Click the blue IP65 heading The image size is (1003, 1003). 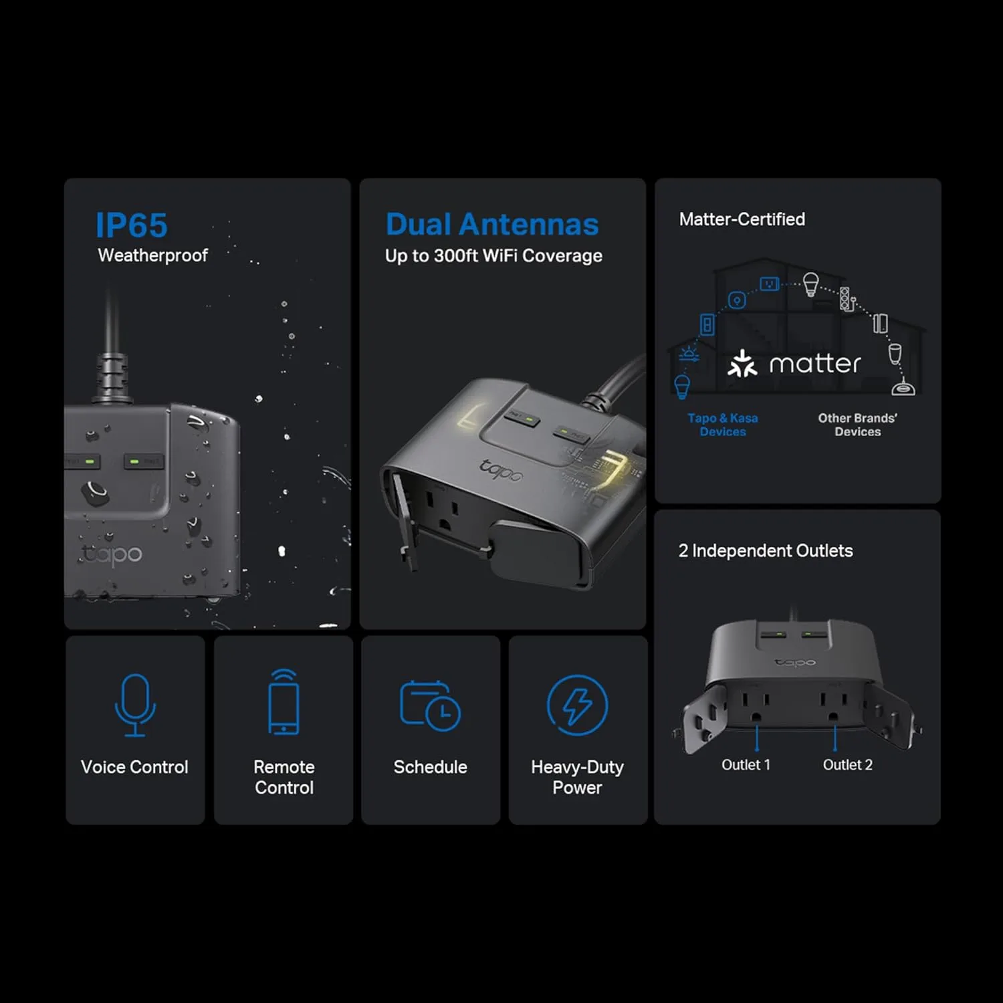point(132,225)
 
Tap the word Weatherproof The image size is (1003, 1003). point(153,255)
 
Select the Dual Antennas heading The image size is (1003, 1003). point(492,225)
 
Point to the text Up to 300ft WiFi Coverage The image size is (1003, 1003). point(493,256)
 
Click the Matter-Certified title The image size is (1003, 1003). point(742,219)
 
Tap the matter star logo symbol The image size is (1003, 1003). point(742,363)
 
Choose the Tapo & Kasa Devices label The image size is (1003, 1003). point(723,425)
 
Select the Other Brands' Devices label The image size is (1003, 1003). point(858,425)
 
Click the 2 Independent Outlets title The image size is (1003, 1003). point(766,551)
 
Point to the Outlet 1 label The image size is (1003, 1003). point(746,765)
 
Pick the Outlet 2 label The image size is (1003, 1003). point(848,765)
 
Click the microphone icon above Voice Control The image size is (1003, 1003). point(135,705)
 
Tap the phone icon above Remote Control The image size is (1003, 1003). point(284,702)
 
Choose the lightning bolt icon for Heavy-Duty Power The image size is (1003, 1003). point(578,705)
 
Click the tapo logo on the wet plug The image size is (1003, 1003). point(112,554)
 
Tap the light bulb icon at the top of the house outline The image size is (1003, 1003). point(810,284)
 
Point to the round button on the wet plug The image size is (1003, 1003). point(96,493)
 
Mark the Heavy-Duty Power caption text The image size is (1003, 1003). point(578,777)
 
